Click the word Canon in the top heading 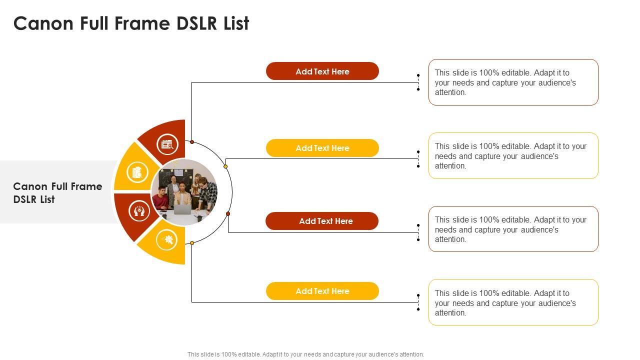[x=43, y=23]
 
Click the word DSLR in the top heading [x=197, y=23]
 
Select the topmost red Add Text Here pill [x=322, y=71]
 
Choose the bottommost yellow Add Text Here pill [x=322, y=291]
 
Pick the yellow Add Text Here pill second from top [x=322, y=148]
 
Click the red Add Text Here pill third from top [x=322, y=221]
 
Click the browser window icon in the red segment [x=167, y=144]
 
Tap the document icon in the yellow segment [x=137, y=172]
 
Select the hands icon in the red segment [x=139, y=211]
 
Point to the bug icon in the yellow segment [x=166, y=239]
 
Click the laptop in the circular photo [x=182, y=209]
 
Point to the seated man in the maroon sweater [x=160, y=198]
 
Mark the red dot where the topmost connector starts [x=192, y=142]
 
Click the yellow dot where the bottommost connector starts [x=192, y=243]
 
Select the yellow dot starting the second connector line [x=225, y=166]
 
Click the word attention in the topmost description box [x=450, y=92]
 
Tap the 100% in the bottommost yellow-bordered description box [x=489, y=293]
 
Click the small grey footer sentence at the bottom [x=305, y=354]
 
